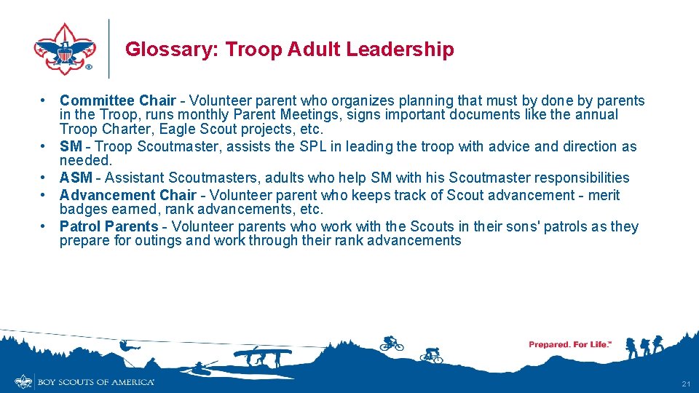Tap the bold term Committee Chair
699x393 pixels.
click(x=117, y=100)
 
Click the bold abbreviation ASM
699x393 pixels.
click(x=76, y=178)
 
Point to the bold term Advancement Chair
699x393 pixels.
click(x=127, y=195)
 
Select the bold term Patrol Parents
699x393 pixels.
click(x=108, y=226)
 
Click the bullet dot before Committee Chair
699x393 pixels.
click(x=44, y=100)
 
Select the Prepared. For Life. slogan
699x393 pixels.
click(x=569, y=344)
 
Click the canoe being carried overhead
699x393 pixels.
click(x=262, y=353)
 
